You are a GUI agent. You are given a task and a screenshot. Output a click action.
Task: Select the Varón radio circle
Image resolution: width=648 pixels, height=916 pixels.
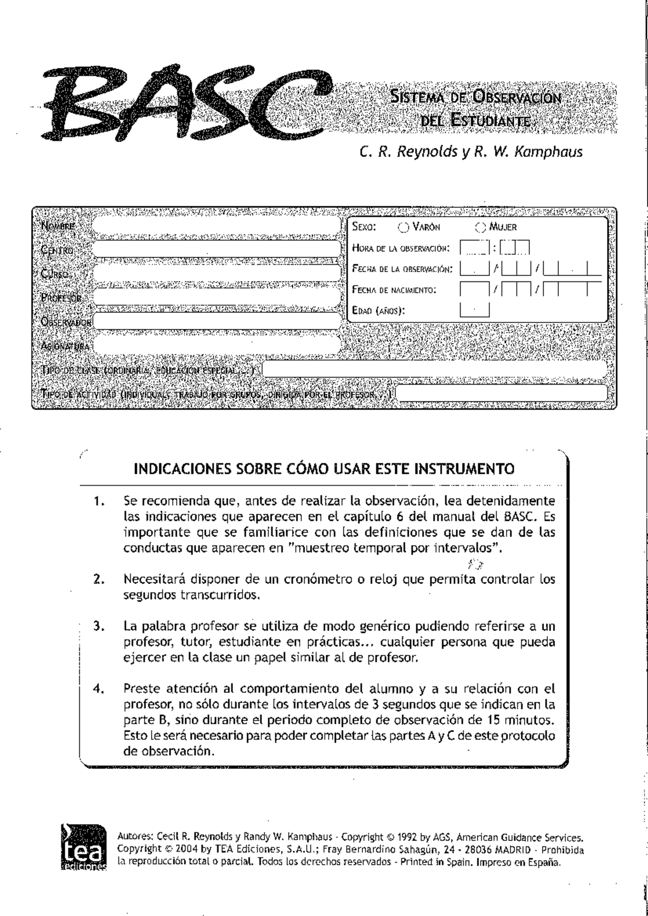tap(403, 227)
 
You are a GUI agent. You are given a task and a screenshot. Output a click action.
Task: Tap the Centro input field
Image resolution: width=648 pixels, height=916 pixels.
tap(216, 250)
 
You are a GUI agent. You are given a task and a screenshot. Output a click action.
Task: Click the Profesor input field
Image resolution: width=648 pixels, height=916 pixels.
tap(216, 297)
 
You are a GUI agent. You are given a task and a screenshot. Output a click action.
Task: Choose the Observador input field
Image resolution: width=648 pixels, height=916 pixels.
tap(216, 321)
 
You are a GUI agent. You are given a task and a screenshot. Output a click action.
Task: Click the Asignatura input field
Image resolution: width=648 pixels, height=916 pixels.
tap(216, 345)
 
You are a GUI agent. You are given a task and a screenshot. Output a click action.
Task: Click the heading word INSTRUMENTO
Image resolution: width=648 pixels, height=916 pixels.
tap(464, 468)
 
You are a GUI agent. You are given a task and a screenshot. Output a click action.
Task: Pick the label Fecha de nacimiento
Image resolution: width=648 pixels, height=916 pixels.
tap(394, 290)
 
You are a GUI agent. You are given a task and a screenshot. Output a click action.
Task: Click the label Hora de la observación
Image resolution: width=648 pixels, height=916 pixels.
tap(400, 248)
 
